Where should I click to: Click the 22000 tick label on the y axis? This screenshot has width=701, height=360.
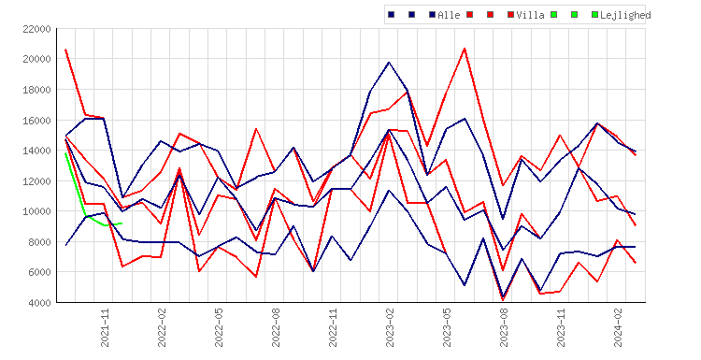tap(36, 30)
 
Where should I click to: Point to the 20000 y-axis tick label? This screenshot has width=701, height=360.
tap(36, 59)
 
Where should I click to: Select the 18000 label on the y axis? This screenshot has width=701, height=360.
tap(36, 90)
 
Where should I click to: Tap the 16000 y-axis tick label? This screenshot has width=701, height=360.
tap(36, 121)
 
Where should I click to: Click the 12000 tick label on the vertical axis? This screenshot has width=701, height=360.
tap(36, 181)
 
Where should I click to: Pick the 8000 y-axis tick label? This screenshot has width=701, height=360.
tap(39, 242)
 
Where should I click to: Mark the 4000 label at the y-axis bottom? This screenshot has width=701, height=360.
tap(39, 303)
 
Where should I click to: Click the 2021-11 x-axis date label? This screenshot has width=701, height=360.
tap(105, 328)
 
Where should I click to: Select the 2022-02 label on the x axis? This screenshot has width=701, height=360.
tap(162, 328)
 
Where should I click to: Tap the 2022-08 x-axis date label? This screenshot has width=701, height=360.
tap(276, 328)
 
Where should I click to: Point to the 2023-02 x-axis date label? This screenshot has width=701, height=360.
tap(390, 328)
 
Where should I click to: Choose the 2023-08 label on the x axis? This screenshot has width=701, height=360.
tap(504, 328)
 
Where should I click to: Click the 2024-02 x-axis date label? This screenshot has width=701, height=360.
tap(618, 328)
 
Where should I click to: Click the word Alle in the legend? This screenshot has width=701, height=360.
tap(449, 15)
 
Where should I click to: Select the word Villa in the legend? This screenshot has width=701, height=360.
tap(530, 15)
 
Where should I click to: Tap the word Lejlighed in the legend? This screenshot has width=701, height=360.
tap(625, 15)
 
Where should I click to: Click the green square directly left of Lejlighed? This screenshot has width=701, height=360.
tap(594, 15)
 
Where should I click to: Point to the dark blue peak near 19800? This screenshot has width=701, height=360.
tap(389, 62)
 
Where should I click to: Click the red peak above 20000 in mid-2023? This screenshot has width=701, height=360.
tap(465, 49)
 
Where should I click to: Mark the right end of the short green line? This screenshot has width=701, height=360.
tap(122, 223)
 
